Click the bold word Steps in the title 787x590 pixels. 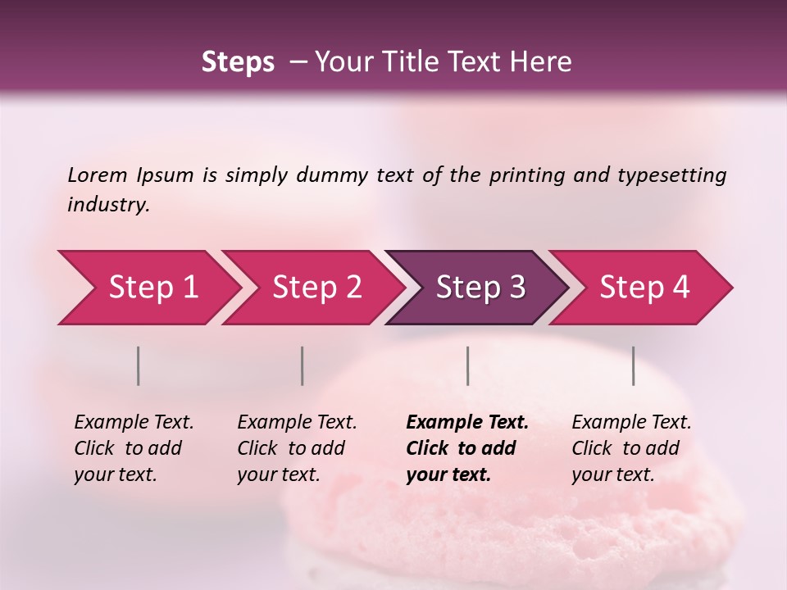pos(238,62)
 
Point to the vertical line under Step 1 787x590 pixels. pos(139,365)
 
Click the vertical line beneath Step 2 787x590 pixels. pos(303,365)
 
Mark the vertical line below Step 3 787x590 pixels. pos(468,365)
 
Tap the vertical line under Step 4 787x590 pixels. pos(634,365)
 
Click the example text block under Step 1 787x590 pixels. pos(134,448)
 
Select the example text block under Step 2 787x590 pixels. pos(297,448)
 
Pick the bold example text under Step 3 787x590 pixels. pos(467,448)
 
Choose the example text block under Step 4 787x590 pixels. pos(631,448)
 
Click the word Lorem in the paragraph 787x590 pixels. pos(98,175)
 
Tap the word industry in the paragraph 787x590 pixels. pos(108,204)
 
